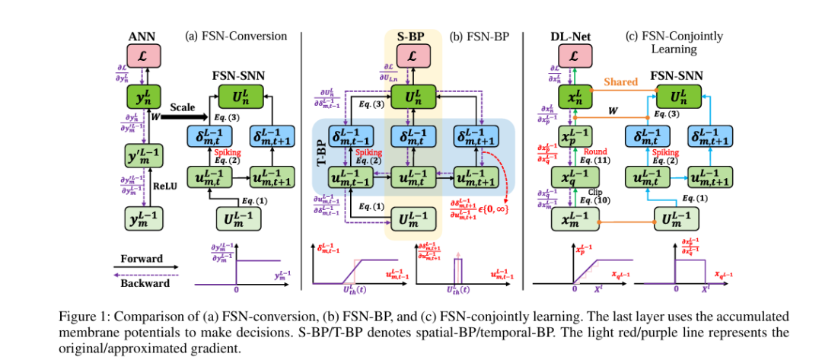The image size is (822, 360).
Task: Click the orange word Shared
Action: [x=620, y=81]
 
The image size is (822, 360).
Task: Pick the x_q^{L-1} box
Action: [x=575, y=178]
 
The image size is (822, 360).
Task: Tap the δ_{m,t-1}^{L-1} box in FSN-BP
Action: [x=352, y=136]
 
